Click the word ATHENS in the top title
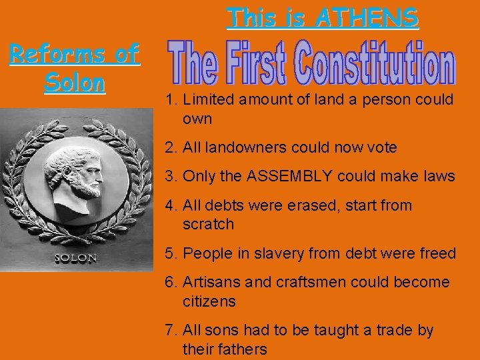[367, 17]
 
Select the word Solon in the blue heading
[75, 83]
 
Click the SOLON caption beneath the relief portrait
[75, 258]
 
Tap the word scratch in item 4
[208, 225]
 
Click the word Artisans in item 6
[211, 283]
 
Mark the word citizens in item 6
[209, 302]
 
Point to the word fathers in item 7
[243, 349]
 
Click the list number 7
[170, 331]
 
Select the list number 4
[170, 206]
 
